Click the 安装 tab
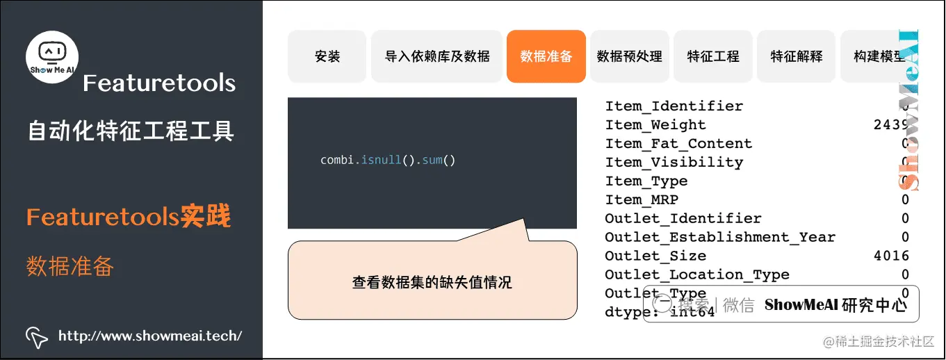(x=327, y=56)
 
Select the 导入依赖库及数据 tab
(x=437, y=56)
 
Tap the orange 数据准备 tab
(x=546, y=56)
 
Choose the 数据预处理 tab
(x=630, y=56)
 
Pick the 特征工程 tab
(x=713, y=56)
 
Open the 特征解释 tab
(x=797, y=56)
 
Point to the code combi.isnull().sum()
(x=387, y=160)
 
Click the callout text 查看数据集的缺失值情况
(x=432, y=282)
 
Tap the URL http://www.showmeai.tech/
(x=150, y=336)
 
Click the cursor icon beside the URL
(x=36, y=336)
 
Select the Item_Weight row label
(x=655, y=125)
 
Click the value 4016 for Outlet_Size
(x=891, y=256)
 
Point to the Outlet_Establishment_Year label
(x=720, y=237)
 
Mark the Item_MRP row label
(x=642, y=199)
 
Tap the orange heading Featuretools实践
(x=129, y=217)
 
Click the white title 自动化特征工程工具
(x=131, y=131)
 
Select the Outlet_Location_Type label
(x=697, y=275)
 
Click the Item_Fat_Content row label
(x=678, y=144)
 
